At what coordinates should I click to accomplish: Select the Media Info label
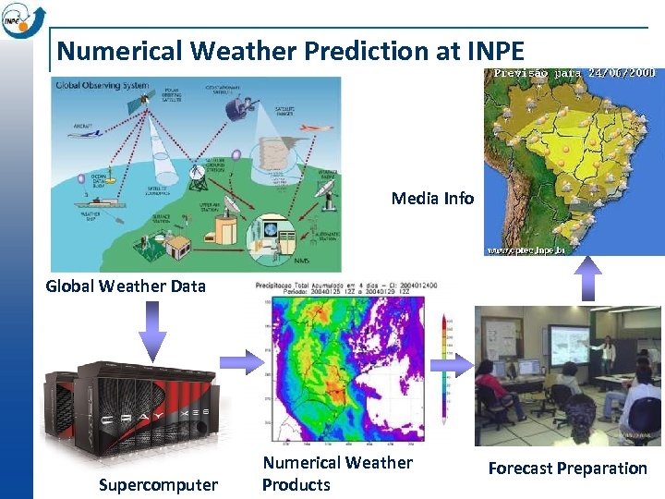click(x=432, y=198)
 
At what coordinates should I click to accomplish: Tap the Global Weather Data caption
click(x=126, y=286)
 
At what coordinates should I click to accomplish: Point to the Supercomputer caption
click(x=158, y=484)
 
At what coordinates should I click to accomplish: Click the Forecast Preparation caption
click(x=567, y=468)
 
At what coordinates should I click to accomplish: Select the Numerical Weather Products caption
click(x=337, y=473)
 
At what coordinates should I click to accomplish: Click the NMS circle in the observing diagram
click(x=273, y=231)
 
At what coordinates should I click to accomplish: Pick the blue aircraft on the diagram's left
click(x=89, y=135)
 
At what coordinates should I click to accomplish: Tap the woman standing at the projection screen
click(x=608, y=357)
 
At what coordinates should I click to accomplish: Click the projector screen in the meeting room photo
click(x=564, y=343)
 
